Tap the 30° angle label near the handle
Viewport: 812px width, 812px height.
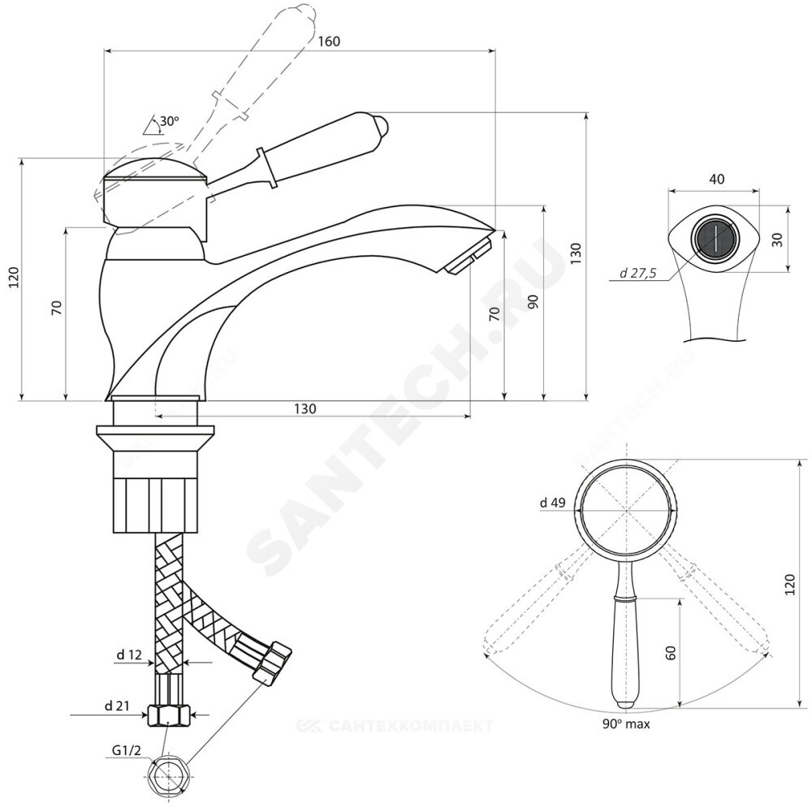pos(169,121)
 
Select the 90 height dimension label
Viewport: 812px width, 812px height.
pos(533,302)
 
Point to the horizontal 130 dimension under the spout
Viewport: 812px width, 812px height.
pos(305,408)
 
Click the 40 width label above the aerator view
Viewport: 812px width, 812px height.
pos(715,179)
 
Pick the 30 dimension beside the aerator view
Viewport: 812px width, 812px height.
pos(777,240)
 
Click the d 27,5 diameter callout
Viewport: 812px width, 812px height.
pos(637,274)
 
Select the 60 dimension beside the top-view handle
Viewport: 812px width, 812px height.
pos(671,652)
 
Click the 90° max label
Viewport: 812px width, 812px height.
pos(626,722)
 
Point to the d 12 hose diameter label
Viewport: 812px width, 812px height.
pos(130,654)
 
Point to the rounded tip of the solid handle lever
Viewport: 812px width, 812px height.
pos(382,127)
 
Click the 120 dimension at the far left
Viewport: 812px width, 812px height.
pos(11,279)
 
